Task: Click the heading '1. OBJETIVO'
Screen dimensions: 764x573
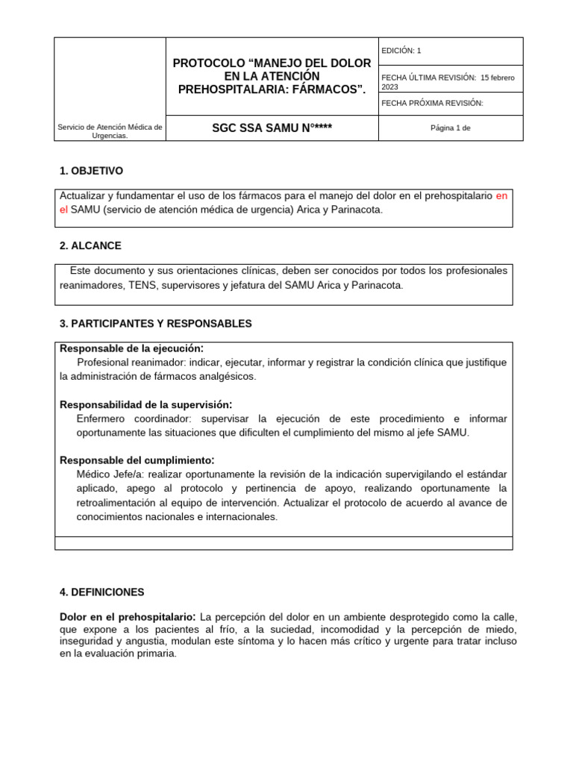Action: click(91, 171)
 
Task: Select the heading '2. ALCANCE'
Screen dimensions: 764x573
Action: click(90, 245)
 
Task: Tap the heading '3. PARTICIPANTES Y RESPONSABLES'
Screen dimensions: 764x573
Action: click(155, 324)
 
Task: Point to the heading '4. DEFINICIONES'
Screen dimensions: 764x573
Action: click(101, 592)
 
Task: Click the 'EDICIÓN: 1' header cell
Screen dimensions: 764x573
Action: click(401, 51)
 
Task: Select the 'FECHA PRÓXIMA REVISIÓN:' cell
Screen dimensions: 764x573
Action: click(432, 103)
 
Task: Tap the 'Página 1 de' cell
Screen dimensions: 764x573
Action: click(451, 128)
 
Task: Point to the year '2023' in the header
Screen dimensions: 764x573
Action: click(389, 87)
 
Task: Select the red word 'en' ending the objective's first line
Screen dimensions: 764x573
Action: click(501, 195)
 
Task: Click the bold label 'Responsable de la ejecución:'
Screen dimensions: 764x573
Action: click(131, 348)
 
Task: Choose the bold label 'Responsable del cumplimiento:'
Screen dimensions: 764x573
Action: click(137, 460)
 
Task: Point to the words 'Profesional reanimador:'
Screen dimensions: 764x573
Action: click(131, 363)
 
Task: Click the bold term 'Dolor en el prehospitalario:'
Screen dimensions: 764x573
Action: click(128, 617)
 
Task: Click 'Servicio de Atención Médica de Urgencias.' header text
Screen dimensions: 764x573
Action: click(110, 131)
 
